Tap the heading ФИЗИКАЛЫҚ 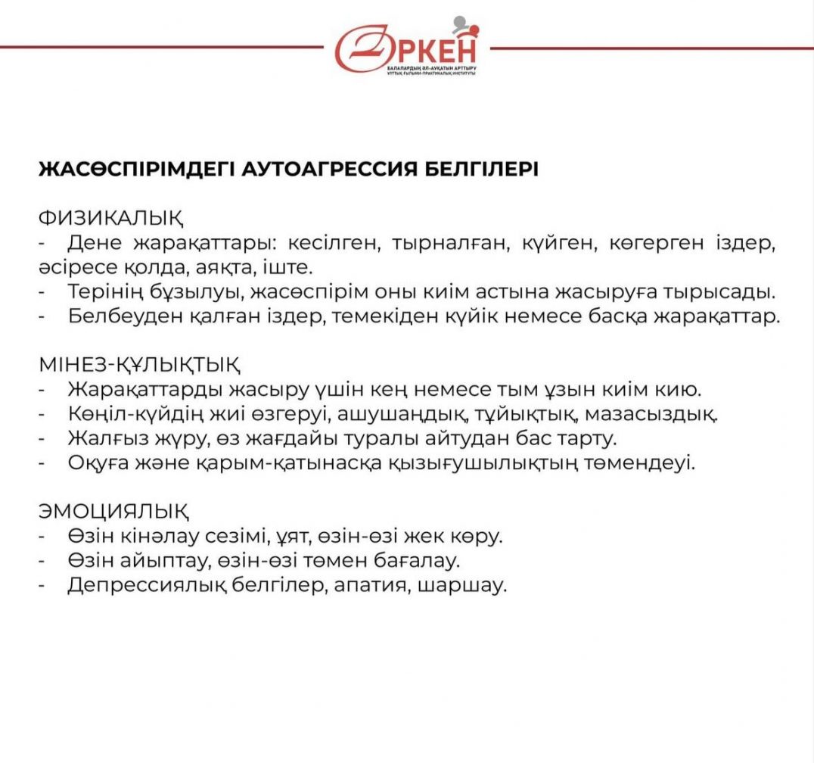coord(110,219)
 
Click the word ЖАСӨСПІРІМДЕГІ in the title coord(135,169)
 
